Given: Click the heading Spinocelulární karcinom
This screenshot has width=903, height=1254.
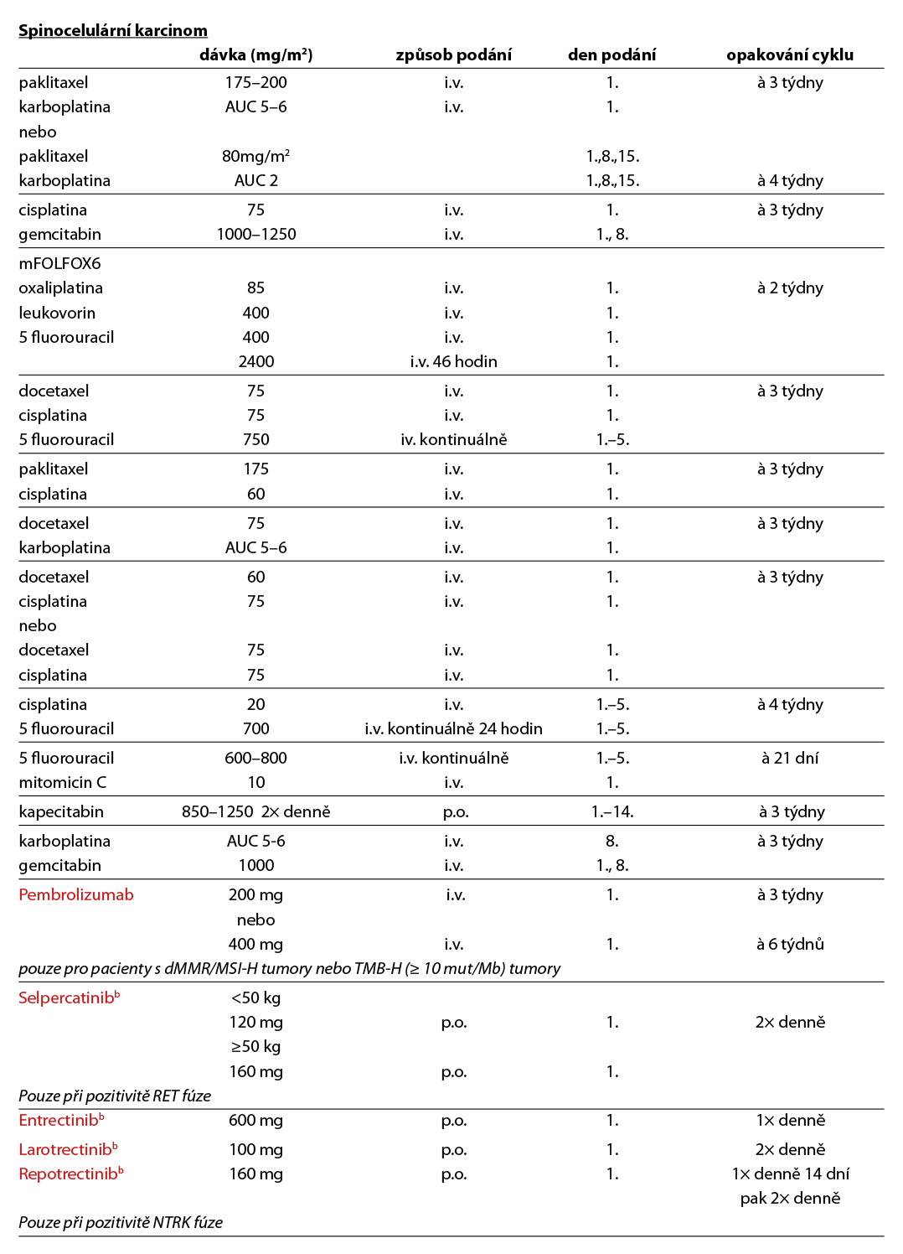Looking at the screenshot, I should click(113, 31).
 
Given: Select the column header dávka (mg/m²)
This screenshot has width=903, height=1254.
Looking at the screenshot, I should click(255, 55).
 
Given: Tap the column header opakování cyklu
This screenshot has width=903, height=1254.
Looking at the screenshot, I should click(790, 55).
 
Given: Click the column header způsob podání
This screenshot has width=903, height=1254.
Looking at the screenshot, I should click(453, 55).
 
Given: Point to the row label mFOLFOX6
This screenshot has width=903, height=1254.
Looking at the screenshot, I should click(59, 263).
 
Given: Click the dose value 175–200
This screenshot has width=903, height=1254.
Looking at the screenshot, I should click(255, 83).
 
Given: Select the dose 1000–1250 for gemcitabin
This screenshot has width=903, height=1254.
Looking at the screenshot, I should click(255, 235).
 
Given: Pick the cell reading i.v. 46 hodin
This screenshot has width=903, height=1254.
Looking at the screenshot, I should click(453, 361).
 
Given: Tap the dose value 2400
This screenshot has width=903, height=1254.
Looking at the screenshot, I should click(255, 361).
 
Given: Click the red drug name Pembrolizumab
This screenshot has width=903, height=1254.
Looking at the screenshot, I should click(76, 894).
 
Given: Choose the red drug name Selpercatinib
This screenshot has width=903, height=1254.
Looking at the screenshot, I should click(66, 997).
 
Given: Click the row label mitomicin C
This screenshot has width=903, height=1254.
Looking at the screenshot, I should click(63, 782).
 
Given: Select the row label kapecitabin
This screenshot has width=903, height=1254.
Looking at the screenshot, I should click(61, 811).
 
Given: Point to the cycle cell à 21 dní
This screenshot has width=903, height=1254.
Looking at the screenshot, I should click(790, 758).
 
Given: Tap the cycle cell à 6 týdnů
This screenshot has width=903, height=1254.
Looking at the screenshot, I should click(790, 944).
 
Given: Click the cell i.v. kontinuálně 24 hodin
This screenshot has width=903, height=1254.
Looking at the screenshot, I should click(453, 728).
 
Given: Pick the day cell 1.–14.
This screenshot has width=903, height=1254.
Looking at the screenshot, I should click(612, 811).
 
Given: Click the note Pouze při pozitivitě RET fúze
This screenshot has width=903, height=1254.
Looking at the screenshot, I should click(115, 1096).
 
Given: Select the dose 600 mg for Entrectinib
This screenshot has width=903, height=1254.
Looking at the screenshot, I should click(255, 1120).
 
